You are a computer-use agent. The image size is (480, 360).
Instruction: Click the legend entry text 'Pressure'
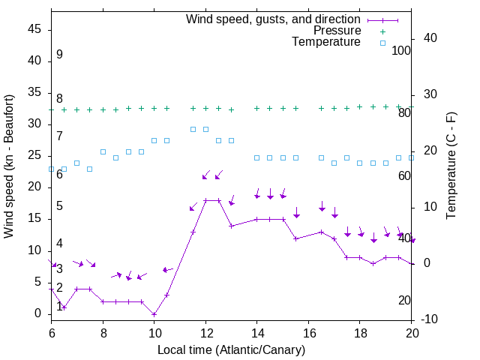click(x=337, y=31)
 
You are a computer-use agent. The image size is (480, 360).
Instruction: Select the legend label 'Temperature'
click(x=326, y=42)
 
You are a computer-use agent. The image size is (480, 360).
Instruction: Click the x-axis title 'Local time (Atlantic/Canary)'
click(x=231, y=350)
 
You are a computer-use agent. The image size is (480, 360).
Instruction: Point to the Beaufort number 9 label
click(x=59, y=55)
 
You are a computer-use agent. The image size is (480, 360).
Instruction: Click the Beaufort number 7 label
click(x=59, y=136)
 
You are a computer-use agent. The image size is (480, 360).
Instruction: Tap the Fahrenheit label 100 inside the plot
click(x=401, y=51)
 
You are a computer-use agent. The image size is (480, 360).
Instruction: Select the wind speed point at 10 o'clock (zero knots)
click(x=154, y=313)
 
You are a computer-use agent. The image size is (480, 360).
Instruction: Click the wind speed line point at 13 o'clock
click(x=231, y=226)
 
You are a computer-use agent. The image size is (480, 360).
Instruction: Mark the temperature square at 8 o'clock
click(x=103, y=151)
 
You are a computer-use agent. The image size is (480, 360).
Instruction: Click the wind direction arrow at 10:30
click(x=167, y=269)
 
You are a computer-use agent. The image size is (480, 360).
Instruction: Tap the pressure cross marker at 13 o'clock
click(x=231, y=109)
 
